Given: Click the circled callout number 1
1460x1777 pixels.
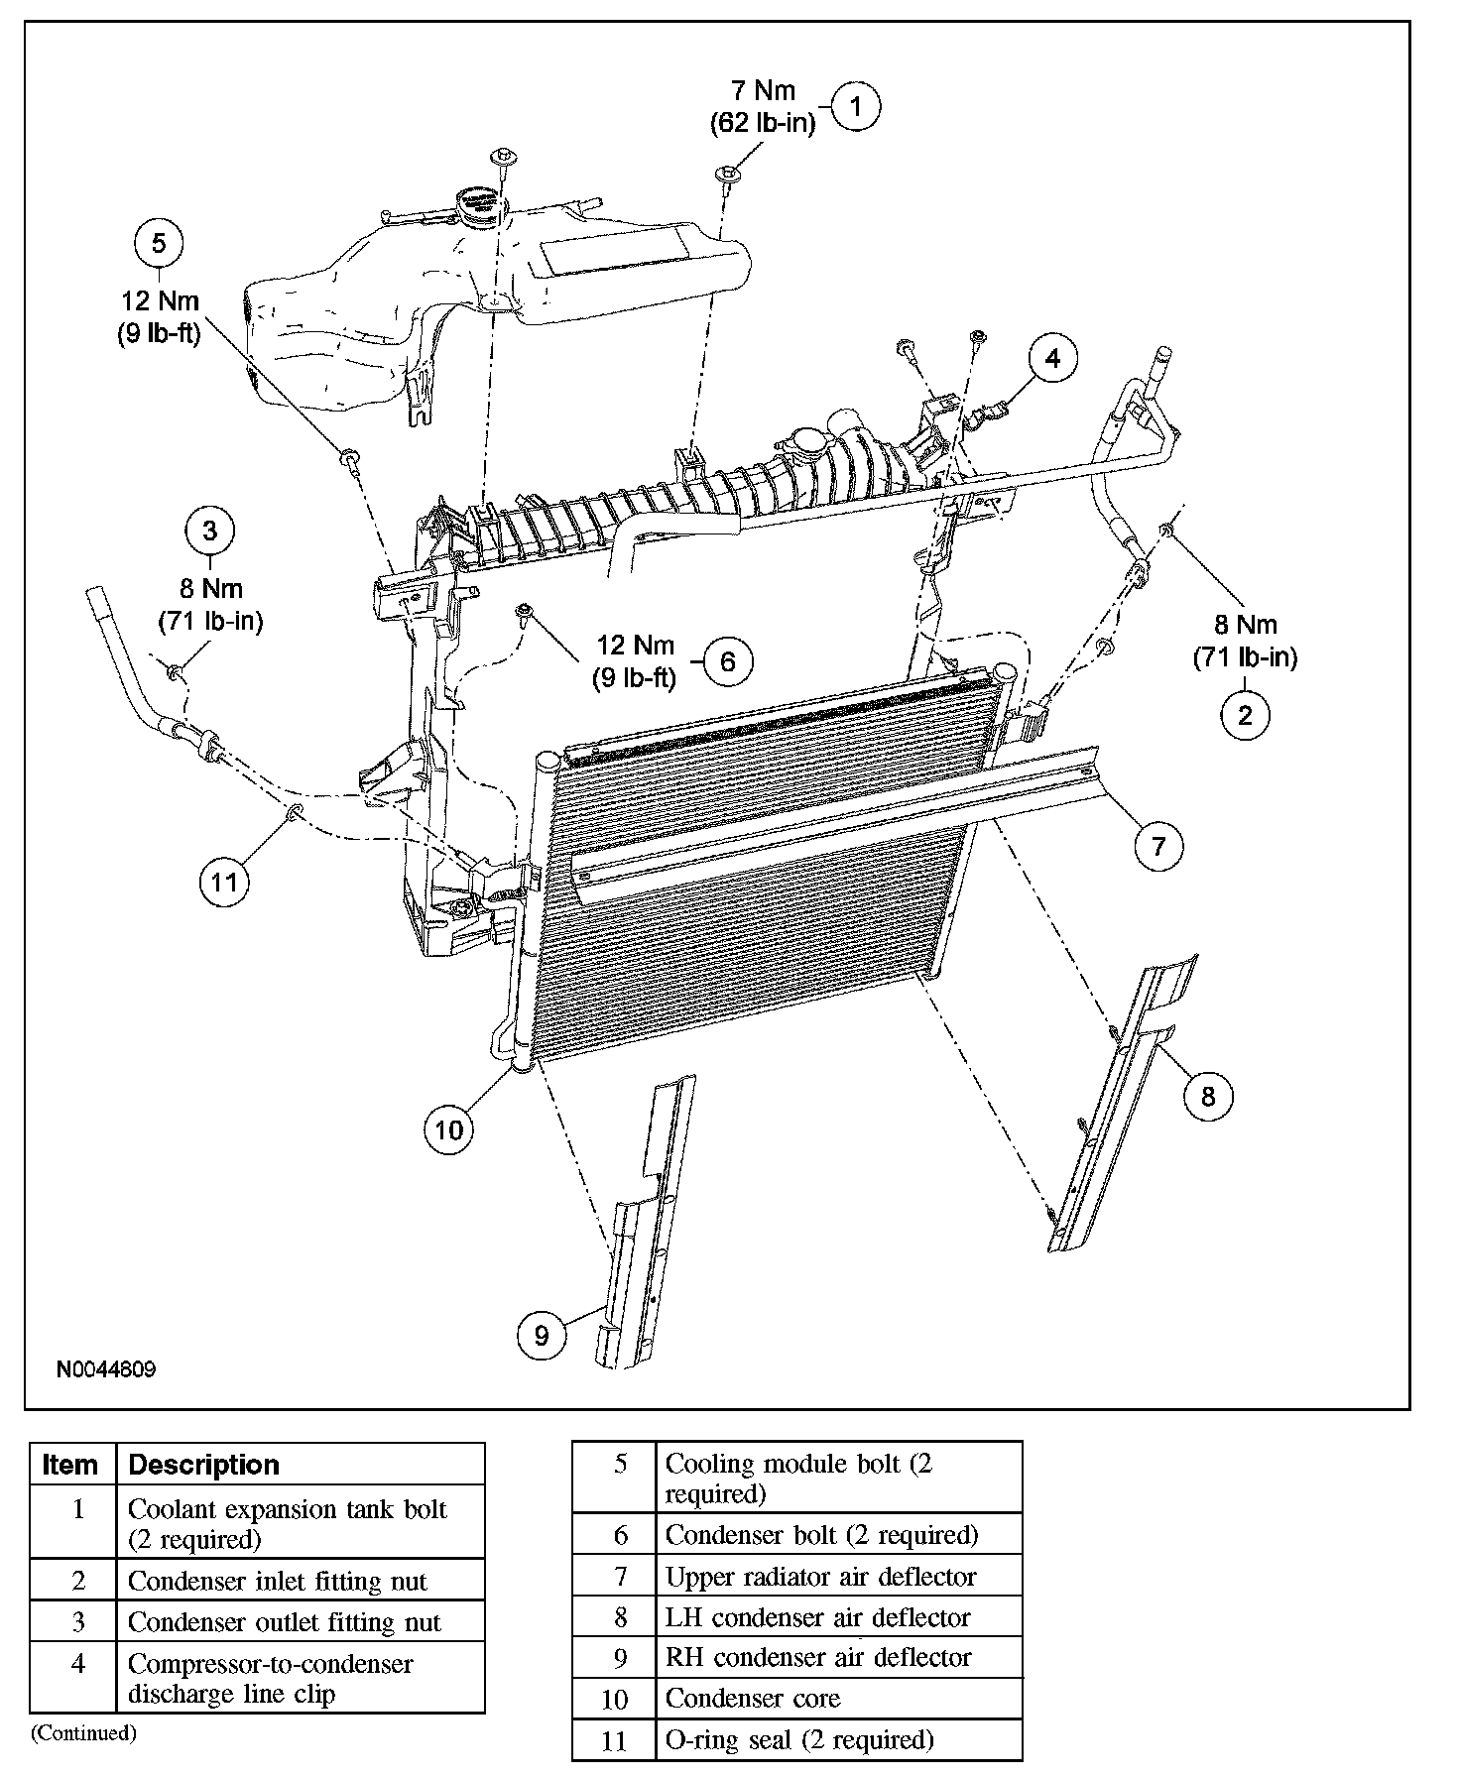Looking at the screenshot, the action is coord(856,106).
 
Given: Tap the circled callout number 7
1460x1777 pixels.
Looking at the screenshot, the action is coord(1158,846).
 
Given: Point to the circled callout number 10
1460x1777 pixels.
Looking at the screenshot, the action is coord(449,1129).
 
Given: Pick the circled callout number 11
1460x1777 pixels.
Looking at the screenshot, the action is coord(224,881).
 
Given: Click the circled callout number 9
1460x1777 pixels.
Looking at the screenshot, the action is coord(542,1336).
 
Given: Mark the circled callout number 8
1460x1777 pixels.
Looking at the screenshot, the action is coord(1207,1095).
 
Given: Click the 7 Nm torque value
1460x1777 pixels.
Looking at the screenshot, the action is coord(763,90).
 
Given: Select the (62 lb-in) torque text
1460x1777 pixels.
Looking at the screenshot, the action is coord(763,123).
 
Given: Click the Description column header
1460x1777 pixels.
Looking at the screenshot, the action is coord(204,1465).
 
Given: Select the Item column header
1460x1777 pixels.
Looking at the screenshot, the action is coord(70,1465).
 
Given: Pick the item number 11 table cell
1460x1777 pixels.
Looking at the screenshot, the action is coord(615,1740).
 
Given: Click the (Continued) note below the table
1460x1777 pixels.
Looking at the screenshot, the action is coord(82,1732).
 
